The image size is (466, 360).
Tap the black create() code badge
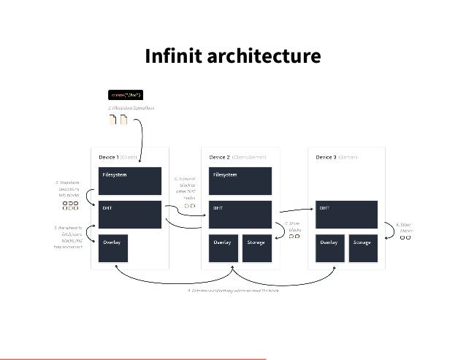[x=125, y=94]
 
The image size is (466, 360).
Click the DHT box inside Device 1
[x=129, y=214]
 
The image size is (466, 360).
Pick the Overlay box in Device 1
[x=112, y=248]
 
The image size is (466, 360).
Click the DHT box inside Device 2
[x=240, y=214]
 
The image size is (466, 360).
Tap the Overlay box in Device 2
[x=224, y=248]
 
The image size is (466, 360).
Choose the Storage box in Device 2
[x=257, y=248]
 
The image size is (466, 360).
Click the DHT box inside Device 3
[x=346, y=214]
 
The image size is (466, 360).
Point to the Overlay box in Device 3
[x=329, y=248]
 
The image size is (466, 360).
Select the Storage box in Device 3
[x=363, y=248]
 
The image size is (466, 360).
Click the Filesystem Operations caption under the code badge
[x=131, y=108]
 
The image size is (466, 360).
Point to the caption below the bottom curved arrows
[x=233, y=291]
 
